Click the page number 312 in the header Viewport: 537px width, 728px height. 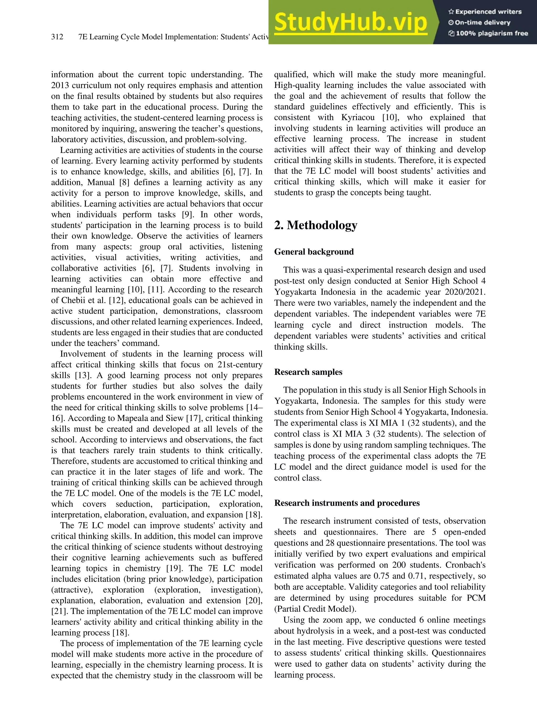(57, 37)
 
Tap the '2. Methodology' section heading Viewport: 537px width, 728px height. (316, 225)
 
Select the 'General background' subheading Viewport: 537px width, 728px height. (314, 252)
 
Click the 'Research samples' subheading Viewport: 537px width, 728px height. (308, 372)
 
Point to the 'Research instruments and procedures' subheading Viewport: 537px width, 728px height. (347, 503)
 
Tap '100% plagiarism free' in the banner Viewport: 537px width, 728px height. (488, 33)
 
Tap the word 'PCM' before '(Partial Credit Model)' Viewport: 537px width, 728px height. (477, 598)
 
